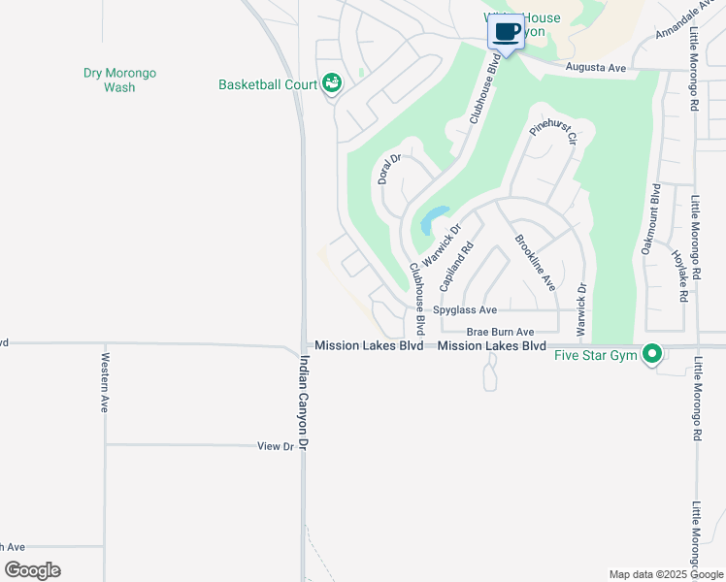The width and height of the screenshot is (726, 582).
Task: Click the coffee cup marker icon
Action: [506, 31]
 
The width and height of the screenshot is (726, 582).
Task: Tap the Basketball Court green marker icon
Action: [332, 84]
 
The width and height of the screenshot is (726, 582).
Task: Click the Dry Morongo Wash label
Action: [120, 80]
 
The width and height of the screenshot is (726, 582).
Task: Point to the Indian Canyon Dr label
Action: [304, 402]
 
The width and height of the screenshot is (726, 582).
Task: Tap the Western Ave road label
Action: [104, 382]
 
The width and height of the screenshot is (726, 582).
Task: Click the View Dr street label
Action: [276, 446]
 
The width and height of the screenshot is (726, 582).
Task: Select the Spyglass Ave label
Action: [465, 310]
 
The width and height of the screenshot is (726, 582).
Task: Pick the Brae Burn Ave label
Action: [500, 332]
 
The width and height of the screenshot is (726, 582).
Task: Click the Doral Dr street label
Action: [389, 169]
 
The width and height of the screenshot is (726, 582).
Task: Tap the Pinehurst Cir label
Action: [553, 129]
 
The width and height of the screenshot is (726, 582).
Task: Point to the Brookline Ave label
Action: [535, 262]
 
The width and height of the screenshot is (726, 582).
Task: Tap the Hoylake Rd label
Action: [679, 274]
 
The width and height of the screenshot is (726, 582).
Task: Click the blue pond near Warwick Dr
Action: [434, 219]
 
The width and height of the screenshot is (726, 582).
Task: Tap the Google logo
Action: [32, 570]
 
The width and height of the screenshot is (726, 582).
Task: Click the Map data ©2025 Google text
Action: [665, 574]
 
